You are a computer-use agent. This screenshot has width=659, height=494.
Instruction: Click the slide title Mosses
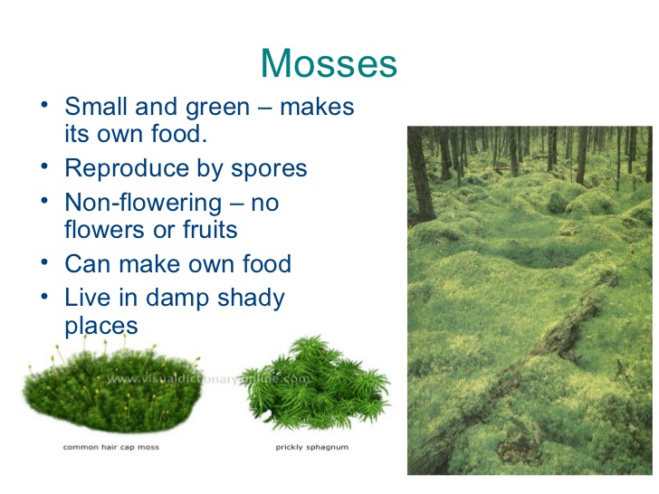329,64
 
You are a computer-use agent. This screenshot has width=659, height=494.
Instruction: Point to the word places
101,325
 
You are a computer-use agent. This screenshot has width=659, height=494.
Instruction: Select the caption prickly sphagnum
311,447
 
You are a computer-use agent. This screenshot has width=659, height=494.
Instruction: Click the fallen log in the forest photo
534,353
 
